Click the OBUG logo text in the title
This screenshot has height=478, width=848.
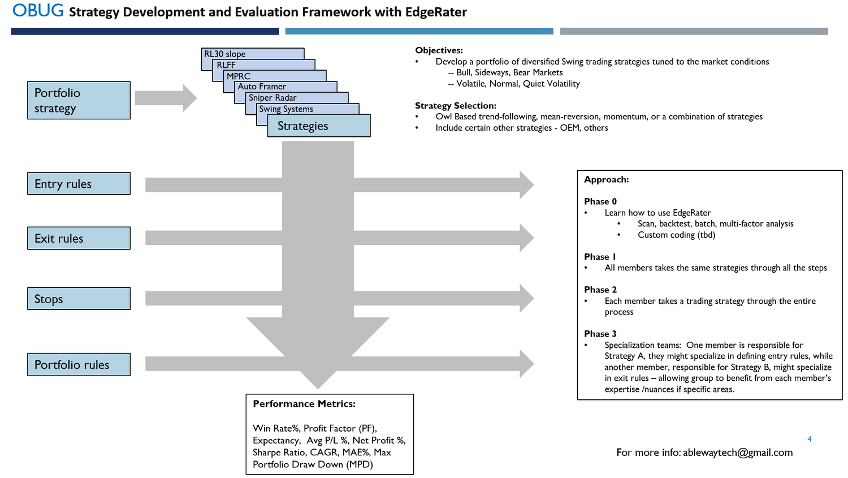click(x=38, y=11)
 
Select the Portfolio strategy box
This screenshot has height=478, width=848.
click(x=79, y=100)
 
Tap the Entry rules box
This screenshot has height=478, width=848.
click(x=79, y=184)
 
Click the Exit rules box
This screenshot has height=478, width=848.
click(x=79, y=238)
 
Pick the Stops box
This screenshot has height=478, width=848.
click(x=79, y=299)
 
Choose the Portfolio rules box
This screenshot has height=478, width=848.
click(x=79, y=365)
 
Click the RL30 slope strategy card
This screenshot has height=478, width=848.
click(x=225, y=54)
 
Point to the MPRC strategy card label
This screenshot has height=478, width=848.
click(x=239, y=76)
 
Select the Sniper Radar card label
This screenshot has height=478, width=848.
click(x=272, y=98)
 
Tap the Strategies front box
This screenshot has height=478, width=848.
click(x=319, y=126)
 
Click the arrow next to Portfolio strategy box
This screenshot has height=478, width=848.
click(x=166, y=98)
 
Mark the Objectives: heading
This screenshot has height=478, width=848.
click(x=439, y=50)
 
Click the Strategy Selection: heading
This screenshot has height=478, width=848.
click(x=456, y=106)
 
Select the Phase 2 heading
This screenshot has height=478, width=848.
click(x=600, y=290)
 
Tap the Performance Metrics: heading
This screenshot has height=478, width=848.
click(x=304, y=404)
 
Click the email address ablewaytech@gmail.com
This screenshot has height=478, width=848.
click(x=738, y=453)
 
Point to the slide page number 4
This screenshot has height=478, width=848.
click(x=810, y=439)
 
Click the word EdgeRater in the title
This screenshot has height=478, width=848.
click(x=436, y=12)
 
